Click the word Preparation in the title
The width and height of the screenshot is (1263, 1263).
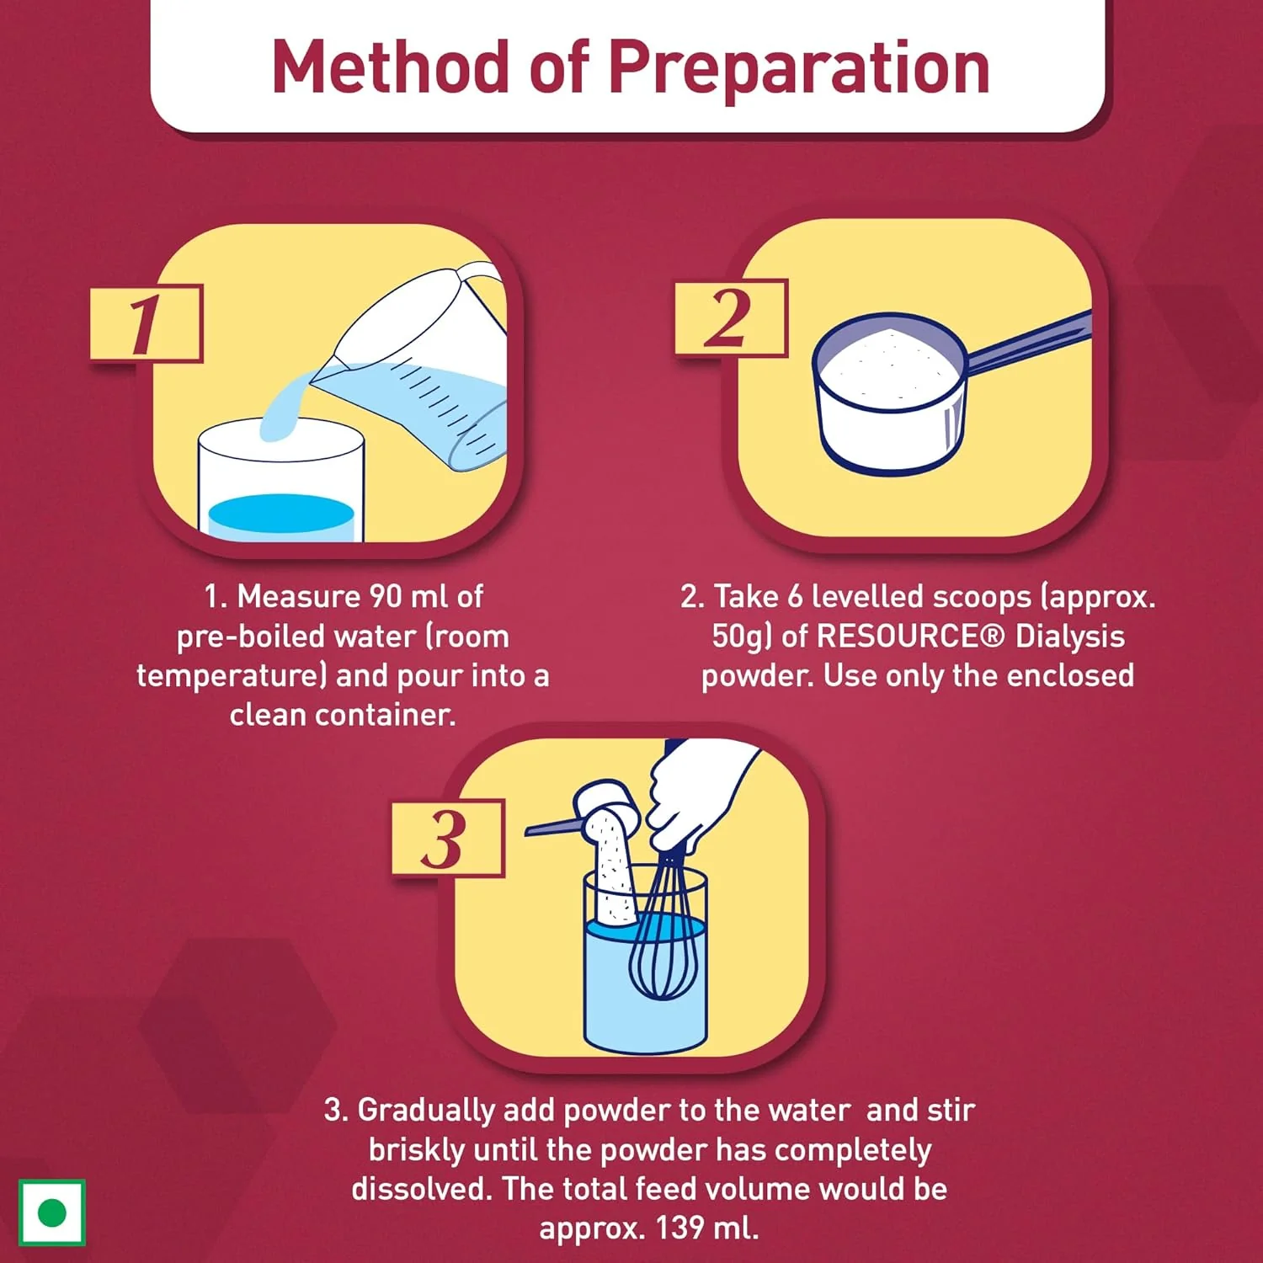pos(798,68)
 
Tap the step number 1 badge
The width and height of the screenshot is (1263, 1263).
pos(147,323)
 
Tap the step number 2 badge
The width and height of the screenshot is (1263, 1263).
pos(731,317)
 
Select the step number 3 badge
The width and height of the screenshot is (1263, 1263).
pos(448,839)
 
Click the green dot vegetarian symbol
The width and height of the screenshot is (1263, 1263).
pos(52,1213)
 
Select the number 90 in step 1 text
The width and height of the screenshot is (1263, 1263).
pos(386,596)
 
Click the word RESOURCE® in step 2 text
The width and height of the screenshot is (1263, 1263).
pos(911,636)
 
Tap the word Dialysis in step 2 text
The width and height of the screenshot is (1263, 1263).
pos(1070,637)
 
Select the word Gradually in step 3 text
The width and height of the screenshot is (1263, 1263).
pos(426,1111)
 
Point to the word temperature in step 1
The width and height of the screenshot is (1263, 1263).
pos(227,676)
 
